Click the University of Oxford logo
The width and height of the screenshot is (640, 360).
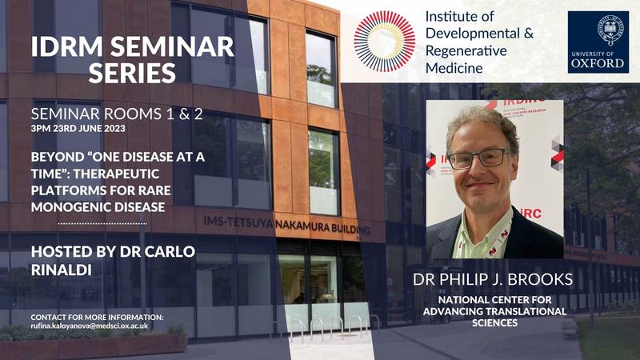pos(598,42)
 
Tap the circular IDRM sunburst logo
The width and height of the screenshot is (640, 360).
pos(384,42)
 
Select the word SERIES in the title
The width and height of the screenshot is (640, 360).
pos(133,74)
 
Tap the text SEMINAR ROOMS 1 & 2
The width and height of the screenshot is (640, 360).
pos(116,114)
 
